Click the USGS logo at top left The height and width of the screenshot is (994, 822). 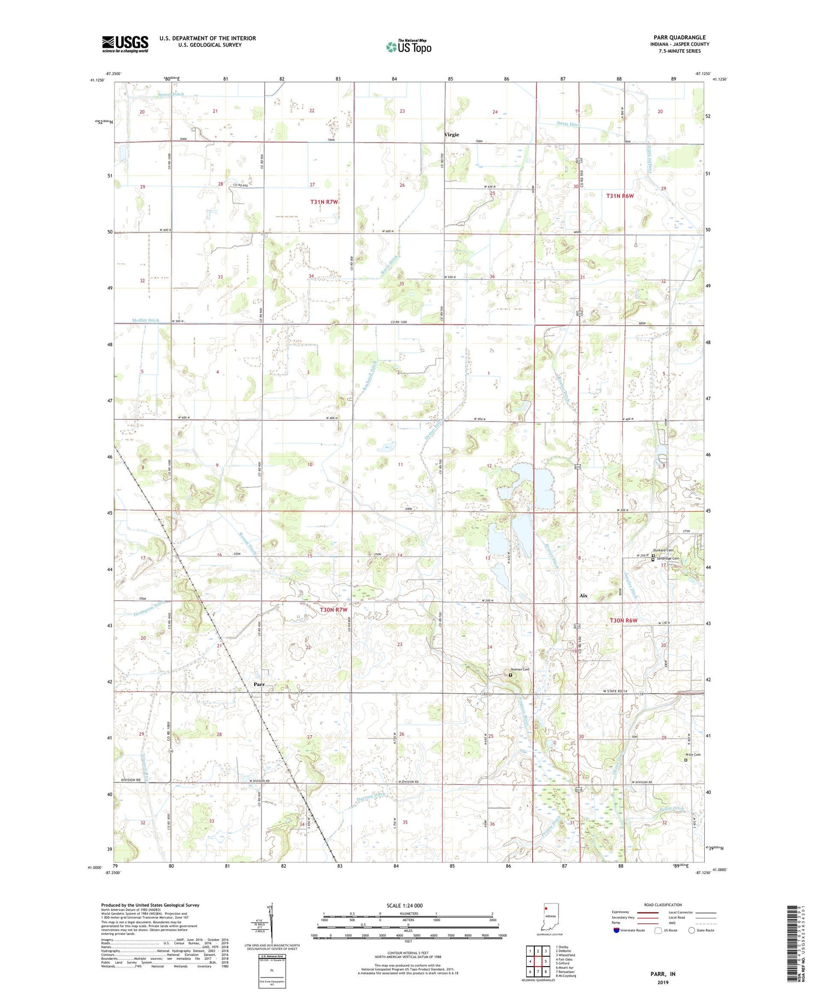tap(125, 44)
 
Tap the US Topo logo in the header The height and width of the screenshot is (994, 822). tap(409, 47)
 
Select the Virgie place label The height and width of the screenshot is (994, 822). tap(452, 134)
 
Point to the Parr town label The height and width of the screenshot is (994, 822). tap(259, 684)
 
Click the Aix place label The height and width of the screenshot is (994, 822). tap(583, 595)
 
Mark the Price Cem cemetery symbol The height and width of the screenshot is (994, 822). tap(686, 760)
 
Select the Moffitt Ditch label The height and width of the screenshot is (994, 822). tap(145, 320)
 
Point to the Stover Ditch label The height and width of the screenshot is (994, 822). tap(171, 94)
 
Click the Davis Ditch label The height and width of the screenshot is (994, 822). tap(569, 124)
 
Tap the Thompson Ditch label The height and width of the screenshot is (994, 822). tap(149, 608)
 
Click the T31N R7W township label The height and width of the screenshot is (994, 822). tap(324, 202)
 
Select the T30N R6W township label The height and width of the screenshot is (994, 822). tap(624, 620)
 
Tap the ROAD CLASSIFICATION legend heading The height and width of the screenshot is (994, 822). tap(663, 905)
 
